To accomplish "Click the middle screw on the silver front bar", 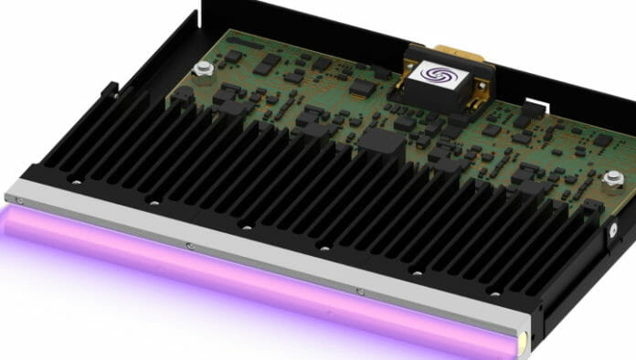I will (188, 246).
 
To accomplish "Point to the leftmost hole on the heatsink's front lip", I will (76, 182).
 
